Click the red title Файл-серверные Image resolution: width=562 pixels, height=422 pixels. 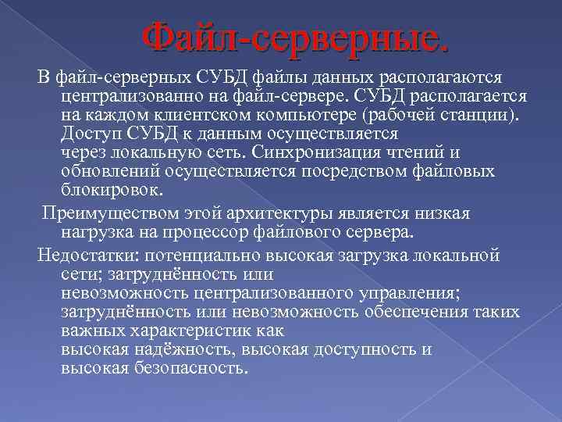pos(297,37)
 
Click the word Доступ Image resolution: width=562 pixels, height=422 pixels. pos(88,131)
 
